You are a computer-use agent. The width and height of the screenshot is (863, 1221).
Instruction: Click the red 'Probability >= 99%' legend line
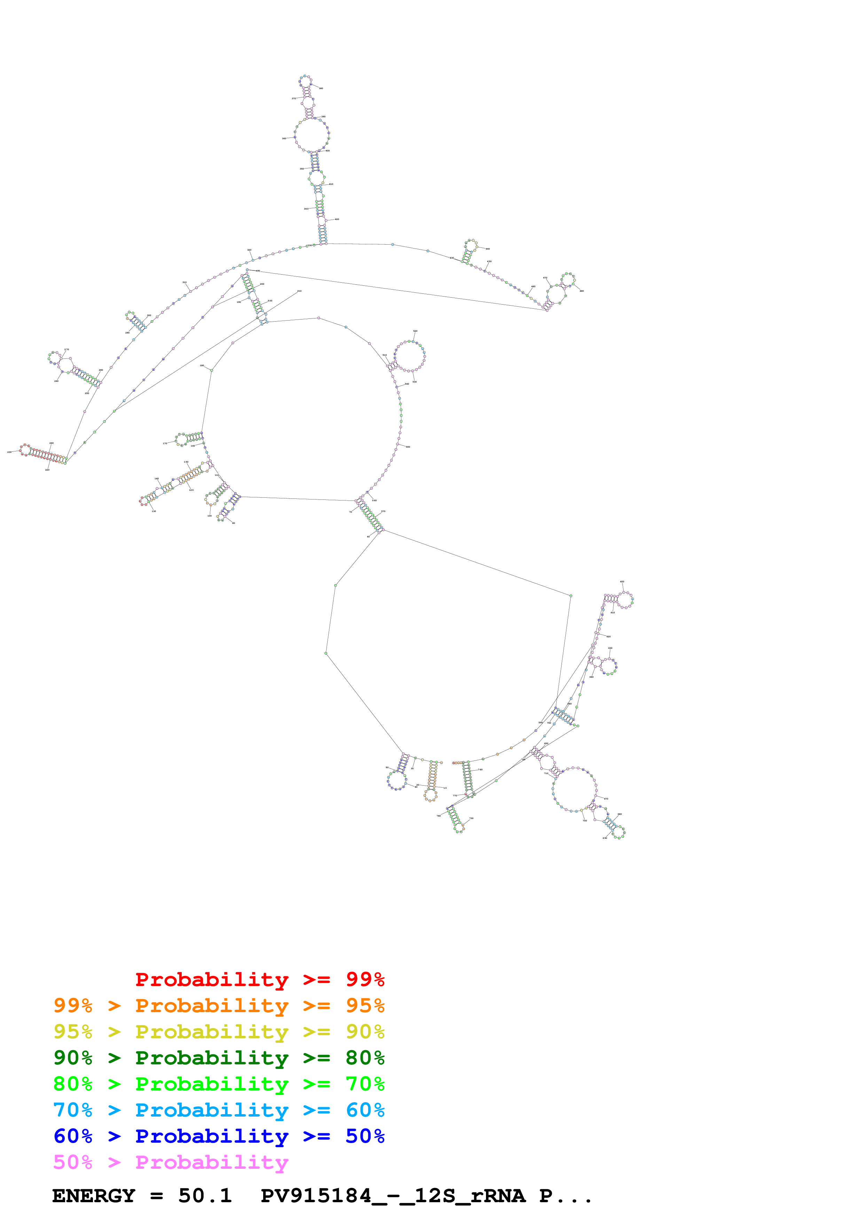[259, 979]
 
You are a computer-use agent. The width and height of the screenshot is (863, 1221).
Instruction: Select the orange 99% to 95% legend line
[219, 1006]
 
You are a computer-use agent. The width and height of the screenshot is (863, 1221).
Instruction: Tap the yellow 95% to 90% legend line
[219, 1032]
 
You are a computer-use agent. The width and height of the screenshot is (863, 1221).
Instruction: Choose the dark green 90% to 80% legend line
[219, 1058]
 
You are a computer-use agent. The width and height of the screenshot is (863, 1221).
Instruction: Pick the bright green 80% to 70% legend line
[219, 1084]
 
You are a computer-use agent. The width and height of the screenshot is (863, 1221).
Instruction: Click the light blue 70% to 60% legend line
[219, 1110]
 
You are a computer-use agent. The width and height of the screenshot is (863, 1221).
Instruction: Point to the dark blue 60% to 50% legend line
[219, 1136]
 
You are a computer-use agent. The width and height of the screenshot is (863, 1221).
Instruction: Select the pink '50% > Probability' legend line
[170, 1162]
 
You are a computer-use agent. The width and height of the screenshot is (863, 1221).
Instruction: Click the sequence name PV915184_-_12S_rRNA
[392, 1196]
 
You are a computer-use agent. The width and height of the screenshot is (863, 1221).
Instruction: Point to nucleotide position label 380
[321, 88]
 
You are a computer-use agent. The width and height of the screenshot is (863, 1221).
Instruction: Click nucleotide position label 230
[9, 452]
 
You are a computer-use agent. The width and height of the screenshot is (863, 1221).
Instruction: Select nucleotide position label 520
[415, 331]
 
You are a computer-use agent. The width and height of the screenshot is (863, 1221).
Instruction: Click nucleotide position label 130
[154, 511]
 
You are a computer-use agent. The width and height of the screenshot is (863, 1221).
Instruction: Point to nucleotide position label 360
[284, 138]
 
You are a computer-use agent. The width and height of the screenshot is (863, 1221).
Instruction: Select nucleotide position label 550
[408, 447]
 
